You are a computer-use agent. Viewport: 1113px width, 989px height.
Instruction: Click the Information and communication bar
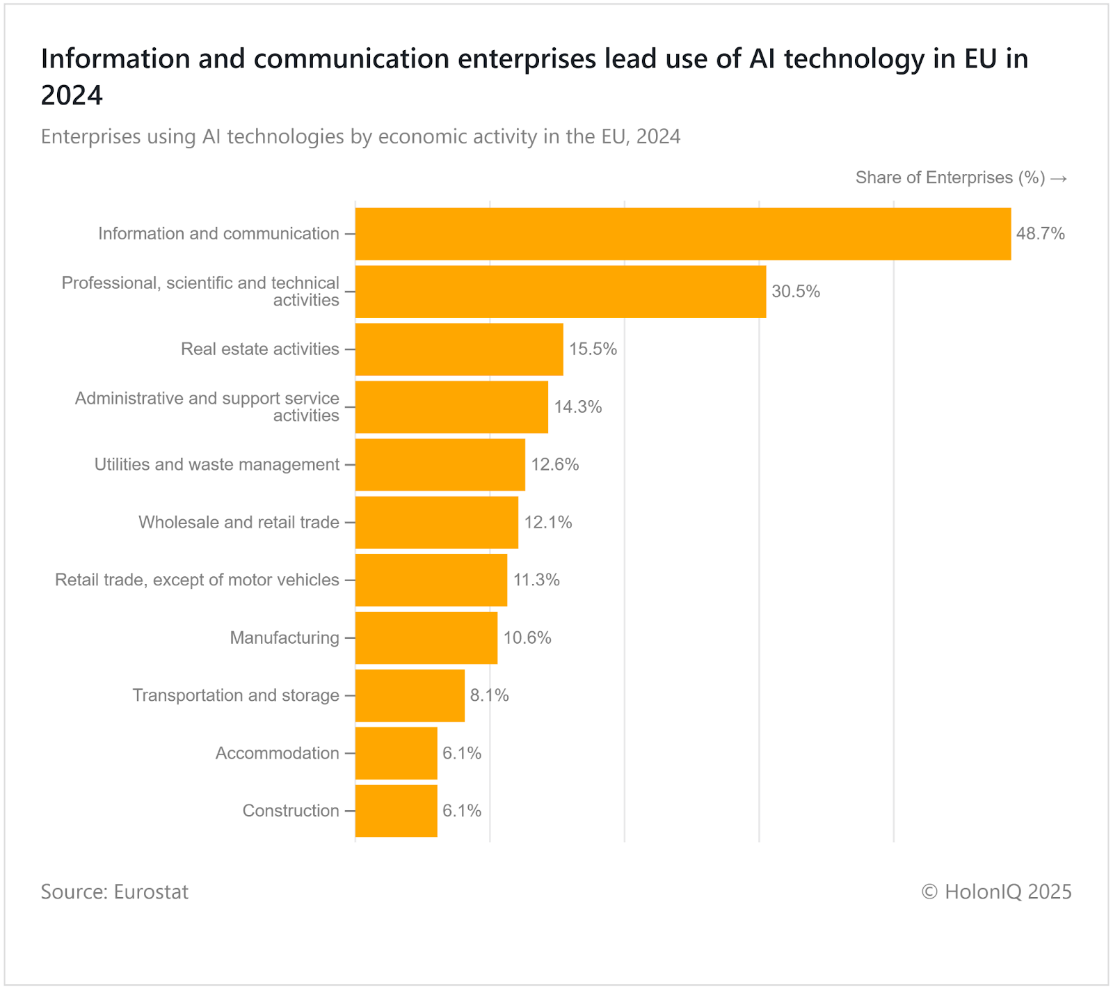682,234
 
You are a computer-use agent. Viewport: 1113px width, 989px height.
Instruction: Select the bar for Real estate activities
459,349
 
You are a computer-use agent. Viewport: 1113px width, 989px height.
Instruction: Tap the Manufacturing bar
426,638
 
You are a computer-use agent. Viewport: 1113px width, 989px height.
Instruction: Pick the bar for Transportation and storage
410,695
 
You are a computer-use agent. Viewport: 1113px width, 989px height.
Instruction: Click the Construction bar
396,811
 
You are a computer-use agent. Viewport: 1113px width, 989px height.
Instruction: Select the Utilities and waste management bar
440,465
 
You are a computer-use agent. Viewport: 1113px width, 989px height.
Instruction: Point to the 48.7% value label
1040,234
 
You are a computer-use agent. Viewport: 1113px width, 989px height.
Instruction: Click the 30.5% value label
796,292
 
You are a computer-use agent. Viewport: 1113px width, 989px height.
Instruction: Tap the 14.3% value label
577,407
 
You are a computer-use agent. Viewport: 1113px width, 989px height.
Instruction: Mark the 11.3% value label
536,580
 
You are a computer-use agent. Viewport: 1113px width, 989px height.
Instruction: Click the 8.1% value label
489,695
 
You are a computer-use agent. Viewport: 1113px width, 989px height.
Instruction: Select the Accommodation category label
277,753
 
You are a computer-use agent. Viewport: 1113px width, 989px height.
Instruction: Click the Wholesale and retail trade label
239,522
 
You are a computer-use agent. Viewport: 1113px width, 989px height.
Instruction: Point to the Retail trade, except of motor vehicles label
197,580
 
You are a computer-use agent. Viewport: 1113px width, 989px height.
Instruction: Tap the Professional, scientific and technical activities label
200,291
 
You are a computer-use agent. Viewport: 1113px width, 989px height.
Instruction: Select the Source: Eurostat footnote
114,892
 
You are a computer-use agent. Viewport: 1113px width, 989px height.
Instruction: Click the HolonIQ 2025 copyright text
996,892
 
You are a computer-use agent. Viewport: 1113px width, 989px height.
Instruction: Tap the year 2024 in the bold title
72,95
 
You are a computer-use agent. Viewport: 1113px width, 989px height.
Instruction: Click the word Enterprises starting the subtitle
90,136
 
